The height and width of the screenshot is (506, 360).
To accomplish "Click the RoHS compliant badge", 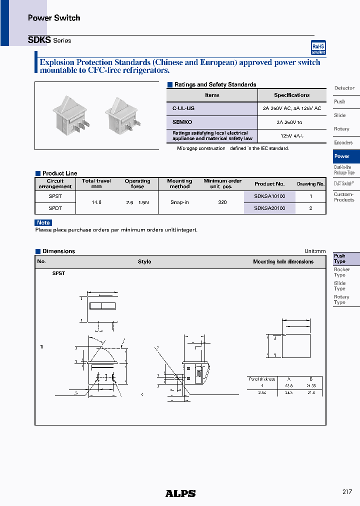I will tap(318, 47).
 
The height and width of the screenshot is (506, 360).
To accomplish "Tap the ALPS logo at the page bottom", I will tap(180, 493).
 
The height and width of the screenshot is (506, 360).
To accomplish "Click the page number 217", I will tap(347, 492).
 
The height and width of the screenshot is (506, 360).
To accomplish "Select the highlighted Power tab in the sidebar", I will tap(342, 156).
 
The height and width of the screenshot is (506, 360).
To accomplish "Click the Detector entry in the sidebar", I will tap(344, 88).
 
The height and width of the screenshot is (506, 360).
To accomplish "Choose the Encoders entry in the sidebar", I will tap(343, 142).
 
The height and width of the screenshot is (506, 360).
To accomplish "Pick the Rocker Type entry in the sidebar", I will tap(342, 272).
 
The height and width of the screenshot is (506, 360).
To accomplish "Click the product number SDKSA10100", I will tap(269, 196).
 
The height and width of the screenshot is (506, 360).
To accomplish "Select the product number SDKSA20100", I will tap(269, 208).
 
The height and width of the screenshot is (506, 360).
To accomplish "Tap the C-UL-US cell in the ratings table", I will tap(183, 108).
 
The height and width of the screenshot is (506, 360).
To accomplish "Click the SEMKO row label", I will tap(182, 122).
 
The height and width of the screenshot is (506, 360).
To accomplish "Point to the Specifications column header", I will tap(291, 95).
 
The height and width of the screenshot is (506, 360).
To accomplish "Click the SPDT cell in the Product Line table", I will tap(55, 208).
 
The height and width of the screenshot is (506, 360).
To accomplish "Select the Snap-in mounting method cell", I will tap(179, 202).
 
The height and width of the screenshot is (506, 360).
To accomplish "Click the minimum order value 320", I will tap(222, 202).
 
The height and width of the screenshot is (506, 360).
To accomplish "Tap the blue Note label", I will tap(43, 222).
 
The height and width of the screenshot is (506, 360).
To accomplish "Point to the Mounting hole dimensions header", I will tap(283, 261).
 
